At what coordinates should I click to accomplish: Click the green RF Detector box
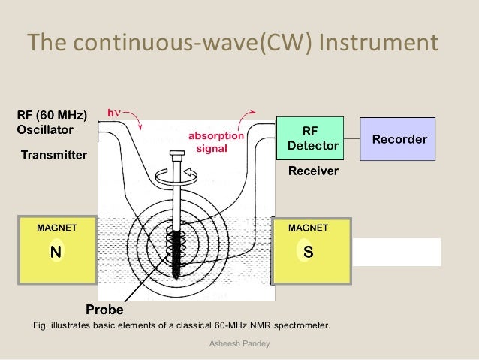[x=309, y=138]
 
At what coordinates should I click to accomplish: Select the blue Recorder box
[x=397, y=139]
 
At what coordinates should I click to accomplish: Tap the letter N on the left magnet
[x=56, y=252]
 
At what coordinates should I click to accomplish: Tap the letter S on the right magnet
[x=308, y=252]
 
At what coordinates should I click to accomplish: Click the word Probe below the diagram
[x=104, y=309]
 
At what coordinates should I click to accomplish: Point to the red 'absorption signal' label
[x=215, y=142]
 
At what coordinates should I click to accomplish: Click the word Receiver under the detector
[x=314, y=171]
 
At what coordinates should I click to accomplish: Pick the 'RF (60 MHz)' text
[x=52, y=116]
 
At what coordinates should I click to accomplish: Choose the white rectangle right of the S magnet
[x=396, y=252]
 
